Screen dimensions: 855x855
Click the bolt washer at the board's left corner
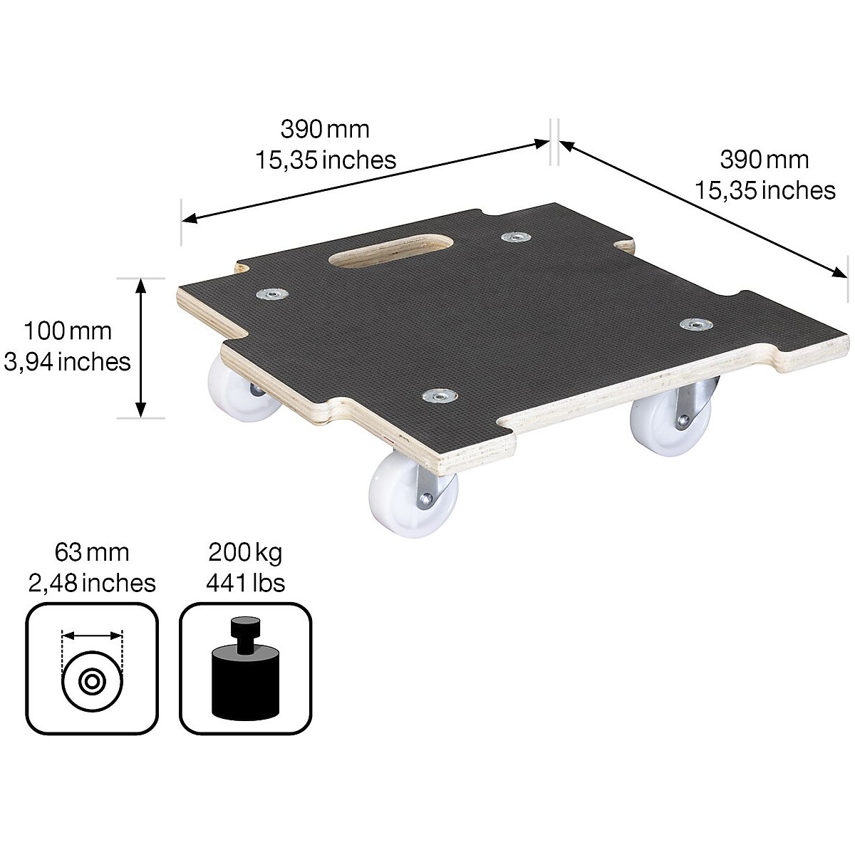[x=271, y=294]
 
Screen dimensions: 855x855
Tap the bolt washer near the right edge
[x=695, y=325]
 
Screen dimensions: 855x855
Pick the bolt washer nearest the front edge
[x=440, y=395]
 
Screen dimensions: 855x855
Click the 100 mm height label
[x=68, y=331]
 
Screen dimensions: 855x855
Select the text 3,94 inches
[x=68, y=362]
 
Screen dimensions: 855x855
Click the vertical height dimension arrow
[x=141, y=348]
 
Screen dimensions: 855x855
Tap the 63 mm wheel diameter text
[x=92, y=552]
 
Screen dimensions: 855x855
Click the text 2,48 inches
[x=92, y=583]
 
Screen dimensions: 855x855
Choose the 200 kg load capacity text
[x=245, y=552]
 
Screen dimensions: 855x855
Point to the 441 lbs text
[x=245, y=583]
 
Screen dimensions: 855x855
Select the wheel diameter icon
[x=92, y=668]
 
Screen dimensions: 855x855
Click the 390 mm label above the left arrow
[x=325, y=129]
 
